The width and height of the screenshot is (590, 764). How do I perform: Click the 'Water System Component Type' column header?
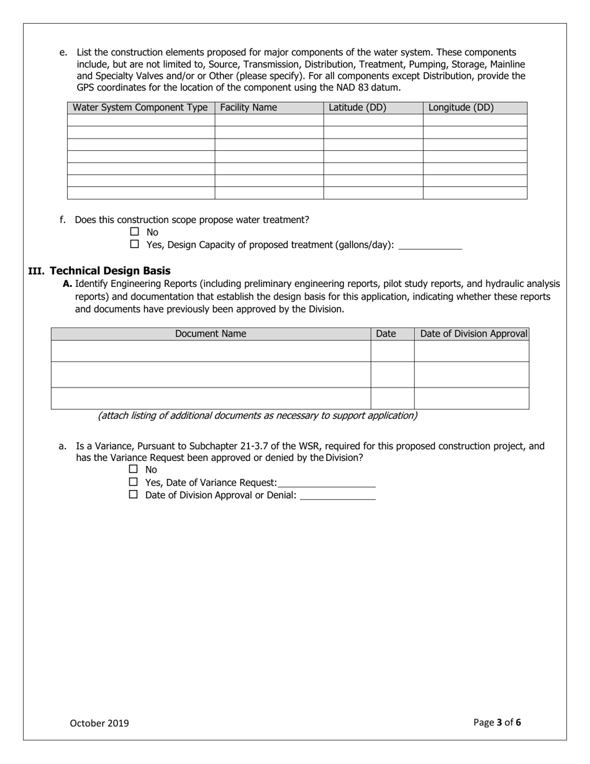point(140,107)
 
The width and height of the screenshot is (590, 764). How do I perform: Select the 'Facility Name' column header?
point(248,107)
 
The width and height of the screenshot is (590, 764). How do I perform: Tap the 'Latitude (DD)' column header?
point(357,107)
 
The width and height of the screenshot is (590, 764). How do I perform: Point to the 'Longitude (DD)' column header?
point(461,107)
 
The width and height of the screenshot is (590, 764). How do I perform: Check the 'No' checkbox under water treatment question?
point(134,232)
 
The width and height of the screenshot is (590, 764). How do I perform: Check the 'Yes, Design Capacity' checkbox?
point(134,244)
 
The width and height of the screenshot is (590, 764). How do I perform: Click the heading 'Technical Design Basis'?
point(110,271)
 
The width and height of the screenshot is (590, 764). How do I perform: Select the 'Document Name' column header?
point(211,334)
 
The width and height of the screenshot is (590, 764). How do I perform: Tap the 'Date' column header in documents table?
point(386,334)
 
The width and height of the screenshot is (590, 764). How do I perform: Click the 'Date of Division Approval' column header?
point(473,334)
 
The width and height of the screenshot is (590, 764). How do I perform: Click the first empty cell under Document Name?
point(211,351)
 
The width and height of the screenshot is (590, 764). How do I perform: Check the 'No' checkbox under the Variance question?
point(133,469)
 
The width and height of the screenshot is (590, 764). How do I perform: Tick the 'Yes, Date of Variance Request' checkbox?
point(133,482)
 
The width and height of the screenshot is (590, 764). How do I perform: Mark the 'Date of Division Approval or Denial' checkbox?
point(133,494)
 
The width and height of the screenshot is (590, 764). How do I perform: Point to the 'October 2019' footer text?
point(99,723)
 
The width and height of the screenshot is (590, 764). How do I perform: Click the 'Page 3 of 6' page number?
point(497,722)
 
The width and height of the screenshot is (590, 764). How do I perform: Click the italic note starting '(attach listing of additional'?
point(257,416)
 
